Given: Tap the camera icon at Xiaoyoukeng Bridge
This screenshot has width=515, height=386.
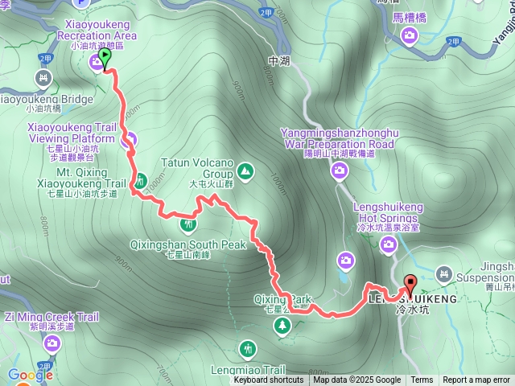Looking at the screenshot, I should (x=43, y=79).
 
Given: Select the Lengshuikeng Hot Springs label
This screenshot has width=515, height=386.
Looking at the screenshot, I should (x=388, y=211).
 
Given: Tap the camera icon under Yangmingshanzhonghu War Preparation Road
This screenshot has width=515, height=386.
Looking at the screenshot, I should (x=340, y=170).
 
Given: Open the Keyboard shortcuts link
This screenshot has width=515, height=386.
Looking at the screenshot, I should (x=269, y=380).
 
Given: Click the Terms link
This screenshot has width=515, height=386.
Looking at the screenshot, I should (x=422, y=380).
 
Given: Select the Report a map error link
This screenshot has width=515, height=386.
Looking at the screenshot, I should (x=476, y=380).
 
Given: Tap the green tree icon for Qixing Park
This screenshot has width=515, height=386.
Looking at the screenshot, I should (x=282, y=326).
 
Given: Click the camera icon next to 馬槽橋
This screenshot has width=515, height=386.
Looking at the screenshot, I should (x=410, y=35).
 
